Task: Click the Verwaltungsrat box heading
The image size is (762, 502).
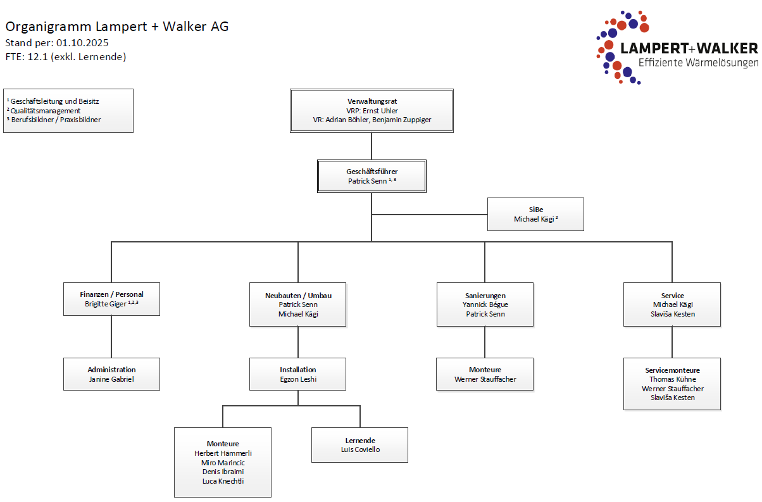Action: [x=372, y=101]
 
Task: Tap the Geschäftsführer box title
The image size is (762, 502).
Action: [x=372, y=172]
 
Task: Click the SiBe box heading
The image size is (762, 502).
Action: [x=535, y=210]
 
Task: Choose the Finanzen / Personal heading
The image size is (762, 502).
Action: [x=111, y=294]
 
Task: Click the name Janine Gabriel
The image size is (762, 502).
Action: [x=111, y=379]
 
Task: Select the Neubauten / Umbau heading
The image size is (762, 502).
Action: [x=297, y=296]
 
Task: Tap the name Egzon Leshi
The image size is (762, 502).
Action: [x=297, y=379]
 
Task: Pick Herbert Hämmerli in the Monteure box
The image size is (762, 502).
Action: [x=223, y=453]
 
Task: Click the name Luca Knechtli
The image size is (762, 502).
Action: [x=223, y=481]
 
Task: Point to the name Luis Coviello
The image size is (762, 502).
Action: [x=360, y=449]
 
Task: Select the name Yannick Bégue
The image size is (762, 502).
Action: [x=485, y=304]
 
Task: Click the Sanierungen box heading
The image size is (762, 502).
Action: [x=485, y=296]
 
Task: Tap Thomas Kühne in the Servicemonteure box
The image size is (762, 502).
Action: [x=672, y=379]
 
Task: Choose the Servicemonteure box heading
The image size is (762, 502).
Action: [x=672, y=370]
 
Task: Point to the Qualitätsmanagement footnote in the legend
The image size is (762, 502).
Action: [x=46, y=110]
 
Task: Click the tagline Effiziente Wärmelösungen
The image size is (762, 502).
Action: [x=697, y=63]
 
